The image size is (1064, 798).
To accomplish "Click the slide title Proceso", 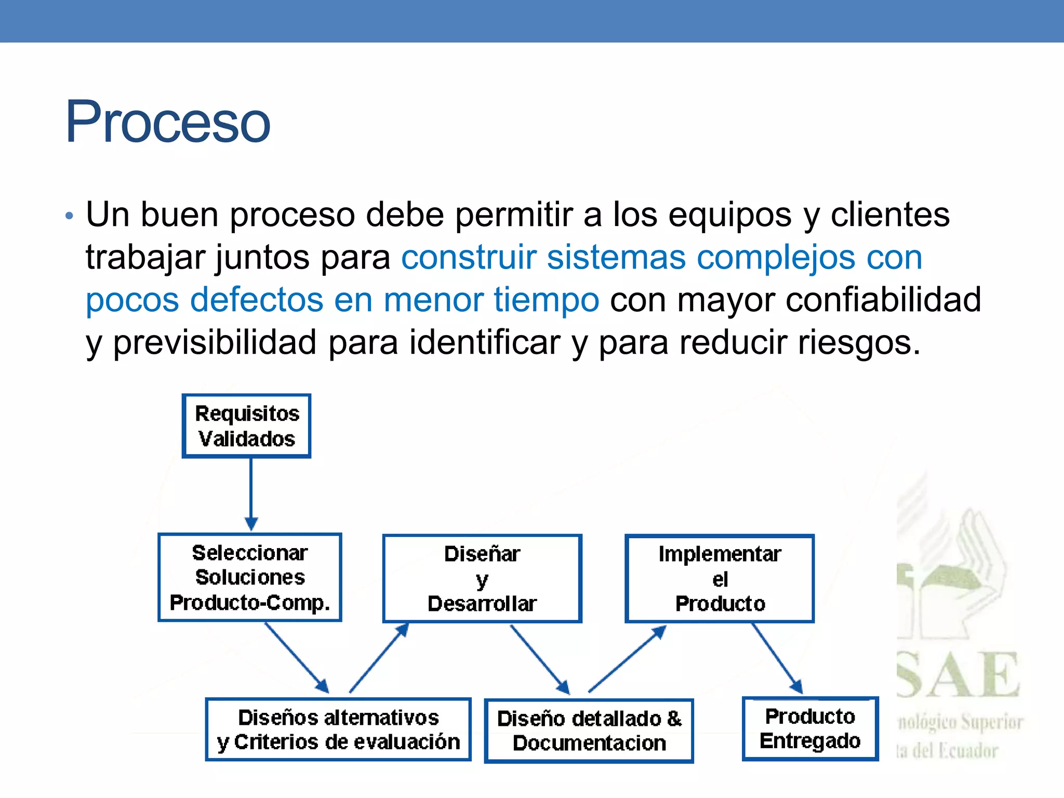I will (x=167, y=123).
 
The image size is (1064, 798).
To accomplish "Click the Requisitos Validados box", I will (x=247, y=426).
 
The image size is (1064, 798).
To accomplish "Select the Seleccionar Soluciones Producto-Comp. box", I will (x=250, y=577).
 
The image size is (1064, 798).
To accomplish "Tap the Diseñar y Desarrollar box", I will (x=482, y=578).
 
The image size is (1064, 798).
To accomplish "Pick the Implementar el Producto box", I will (x=720, y=578).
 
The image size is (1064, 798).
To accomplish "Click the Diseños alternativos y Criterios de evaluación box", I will (x=338, y=729).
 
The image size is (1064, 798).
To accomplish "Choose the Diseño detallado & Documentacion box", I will (x=589, y=730).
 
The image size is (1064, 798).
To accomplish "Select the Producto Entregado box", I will (x=810, y=728).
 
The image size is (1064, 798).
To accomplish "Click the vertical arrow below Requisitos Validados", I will (x=251, y=494).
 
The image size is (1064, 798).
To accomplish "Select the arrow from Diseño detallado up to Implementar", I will (x=627, y=659).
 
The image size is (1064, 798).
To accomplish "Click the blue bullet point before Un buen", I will (x=70, y=216).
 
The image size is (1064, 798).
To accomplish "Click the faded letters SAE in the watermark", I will (x=959, y=675).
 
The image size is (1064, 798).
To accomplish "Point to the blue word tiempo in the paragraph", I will (x=547, y=300).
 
